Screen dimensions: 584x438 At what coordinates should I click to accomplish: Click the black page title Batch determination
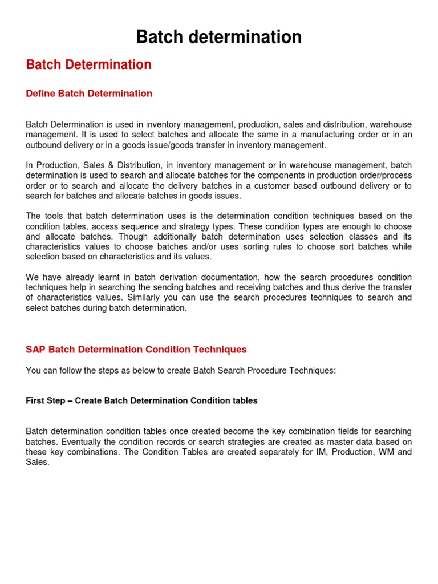coord(218,38)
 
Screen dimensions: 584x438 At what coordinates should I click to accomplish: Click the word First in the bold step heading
coord(35,401)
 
